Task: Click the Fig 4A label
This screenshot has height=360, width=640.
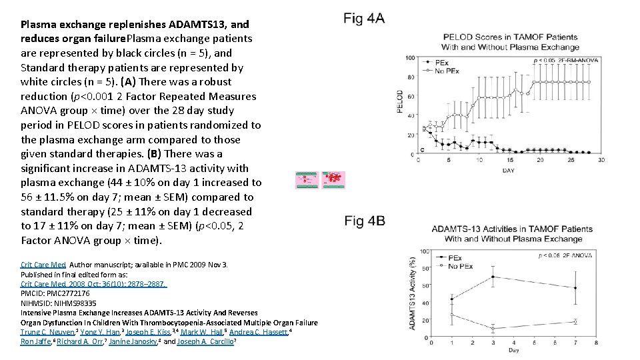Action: (x=365, y=18)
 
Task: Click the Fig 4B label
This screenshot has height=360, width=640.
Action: (x=365, y=221)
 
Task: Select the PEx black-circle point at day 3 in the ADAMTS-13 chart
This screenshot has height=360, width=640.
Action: (x=493, y=277)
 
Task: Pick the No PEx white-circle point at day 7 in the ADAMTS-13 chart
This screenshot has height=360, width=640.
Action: (x=575, y=321)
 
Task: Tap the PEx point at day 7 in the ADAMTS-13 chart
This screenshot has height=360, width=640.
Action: (x=575, y=288)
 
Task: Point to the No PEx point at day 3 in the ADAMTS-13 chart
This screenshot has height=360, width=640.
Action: (x=493, y=329)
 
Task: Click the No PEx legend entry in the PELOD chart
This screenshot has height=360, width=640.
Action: (x=443, y=70)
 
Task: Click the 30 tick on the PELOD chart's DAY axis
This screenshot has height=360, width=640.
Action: (x=601, y=161)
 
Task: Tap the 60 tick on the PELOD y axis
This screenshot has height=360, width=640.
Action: (x=411, y=96)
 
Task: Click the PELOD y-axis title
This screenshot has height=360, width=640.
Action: (x=401, y=101)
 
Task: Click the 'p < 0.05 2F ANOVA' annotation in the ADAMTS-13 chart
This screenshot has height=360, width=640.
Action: (x=565, y=255)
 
